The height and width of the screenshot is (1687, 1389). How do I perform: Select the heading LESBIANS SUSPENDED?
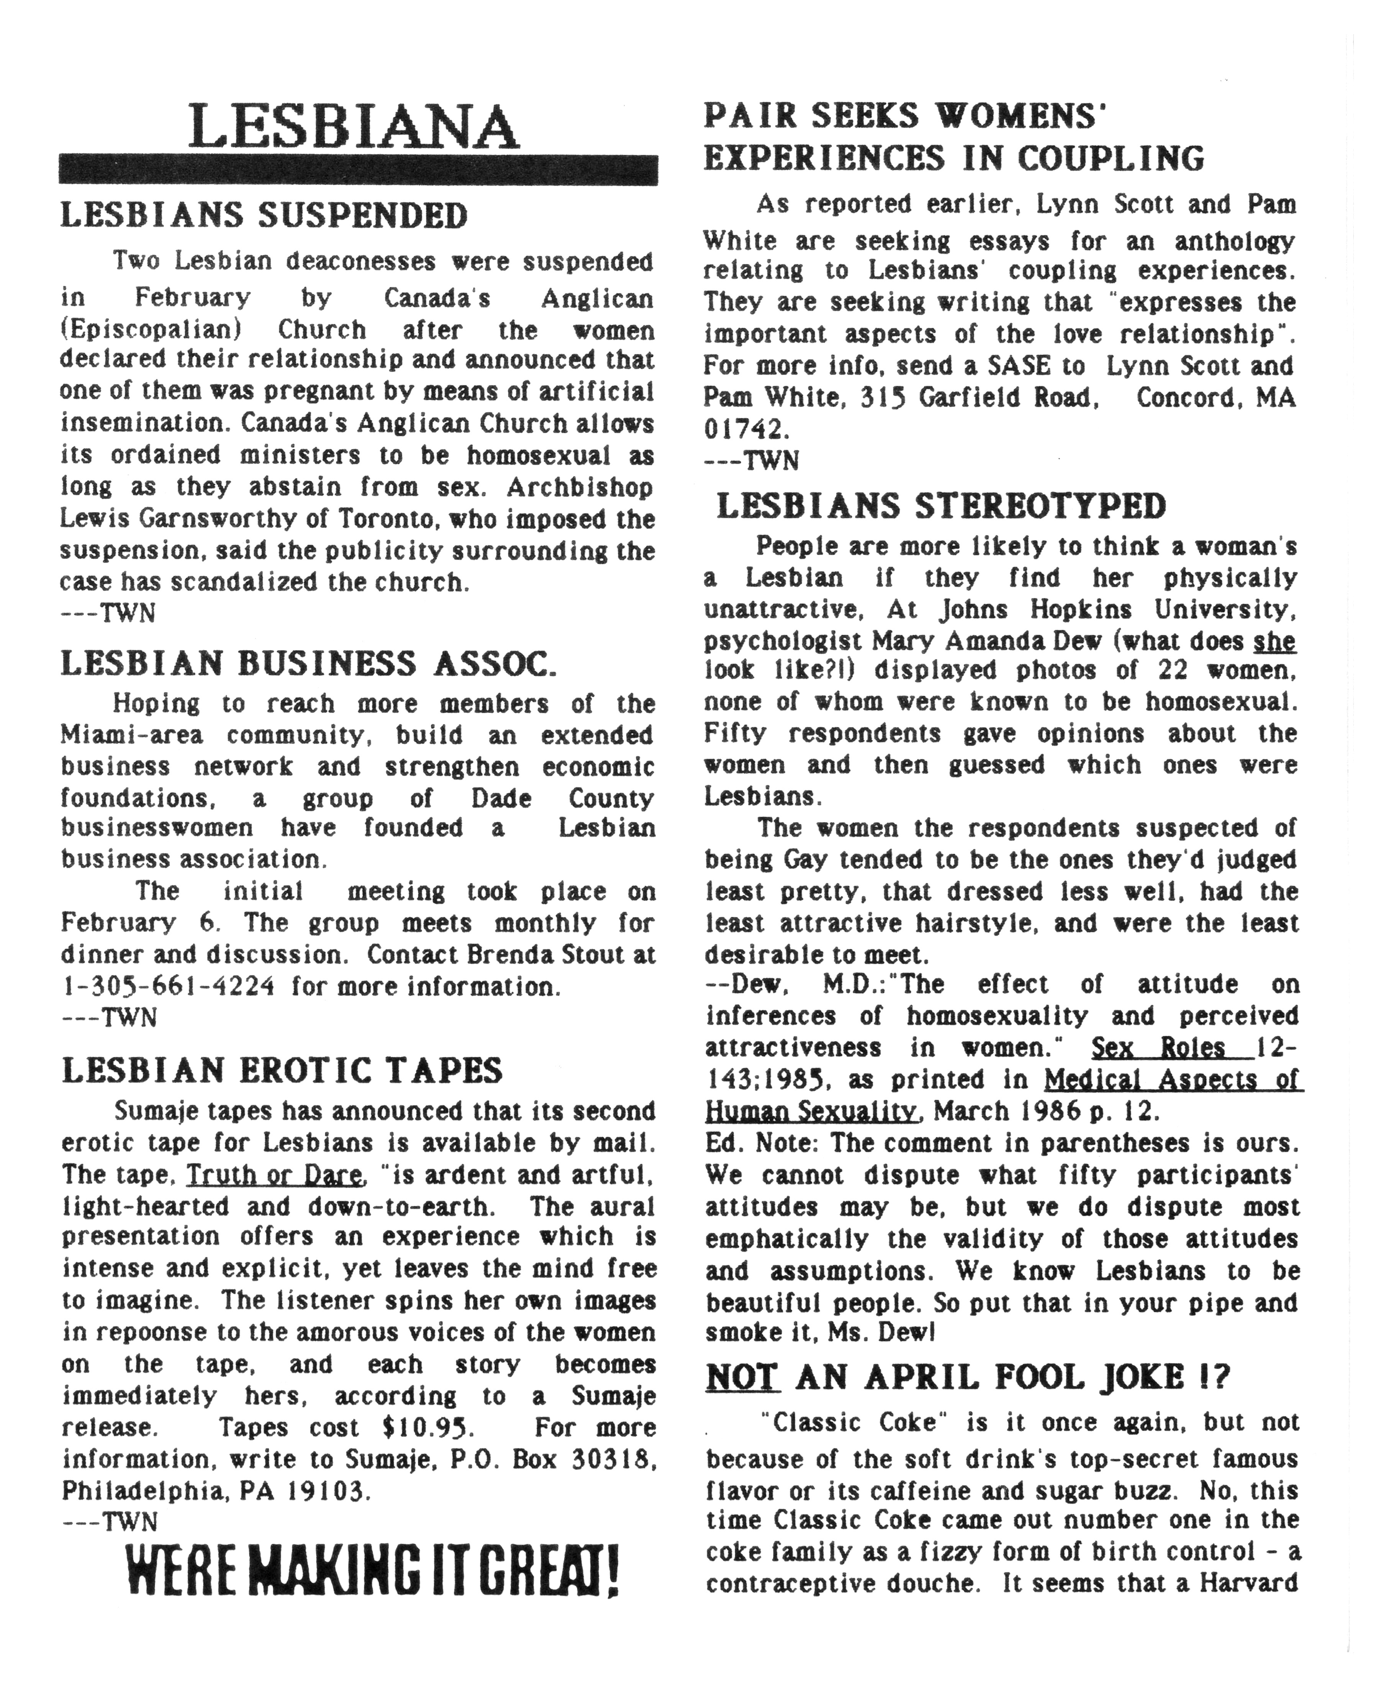264,216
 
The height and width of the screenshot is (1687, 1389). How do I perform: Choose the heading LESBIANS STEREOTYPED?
941,506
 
